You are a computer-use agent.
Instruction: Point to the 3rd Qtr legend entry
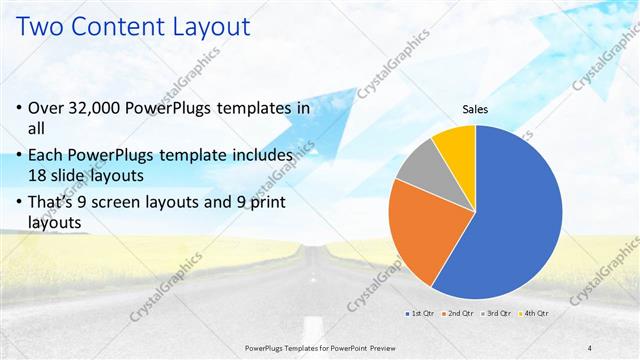pos(498,313)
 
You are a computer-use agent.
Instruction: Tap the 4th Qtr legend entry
pos(535,313)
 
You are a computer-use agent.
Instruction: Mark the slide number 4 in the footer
pos(590,347)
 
